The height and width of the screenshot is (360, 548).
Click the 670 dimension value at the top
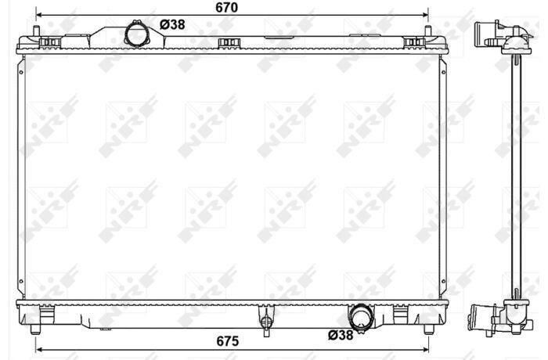click(x=226, y=7)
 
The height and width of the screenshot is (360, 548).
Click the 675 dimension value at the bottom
click(x=228, y=341)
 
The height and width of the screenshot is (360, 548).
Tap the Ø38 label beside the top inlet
click(x=172, y=25)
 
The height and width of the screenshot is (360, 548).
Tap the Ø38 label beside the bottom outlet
click(x=341, y=335)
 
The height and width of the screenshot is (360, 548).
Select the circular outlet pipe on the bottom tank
click(x=360, y=317)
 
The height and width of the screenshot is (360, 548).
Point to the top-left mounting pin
click(x=36, y=31)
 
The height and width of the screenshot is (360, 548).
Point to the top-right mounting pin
click(x=427, y=31)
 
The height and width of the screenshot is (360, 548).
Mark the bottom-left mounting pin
click(x=35, y=329)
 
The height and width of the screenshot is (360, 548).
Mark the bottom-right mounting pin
click(x=429, y=329)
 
